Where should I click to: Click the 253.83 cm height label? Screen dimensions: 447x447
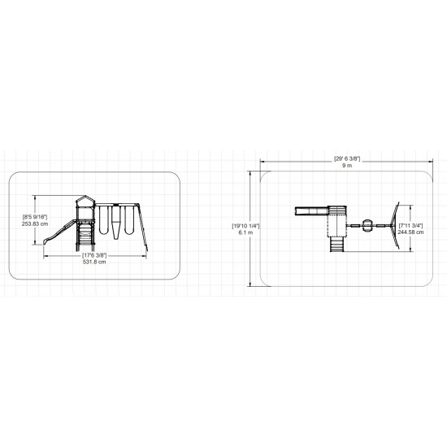(x=35, y=223)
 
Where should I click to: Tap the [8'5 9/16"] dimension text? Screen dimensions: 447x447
(x=35, y=217)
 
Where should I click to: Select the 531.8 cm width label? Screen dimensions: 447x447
(x=94, y=262)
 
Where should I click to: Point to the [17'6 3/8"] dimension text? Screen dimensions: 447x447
(x=94, y=255)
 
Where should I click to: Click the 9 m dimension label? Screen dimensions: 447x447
(x=347, y=166)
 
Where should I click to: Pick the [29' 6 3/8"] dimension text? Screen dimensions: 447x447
(x=347, y=158)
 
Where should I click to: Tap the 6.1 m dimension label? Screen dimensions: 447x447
(x=245, y=232)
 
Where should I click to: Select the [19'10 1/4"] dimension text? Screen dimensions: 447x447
(x=245, y=226)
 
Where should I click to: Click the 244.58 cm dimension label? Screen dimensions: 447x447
(x=410, y=232)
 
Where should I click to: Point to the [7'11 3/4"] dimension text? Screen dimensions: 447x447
(x=410, y=225)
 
